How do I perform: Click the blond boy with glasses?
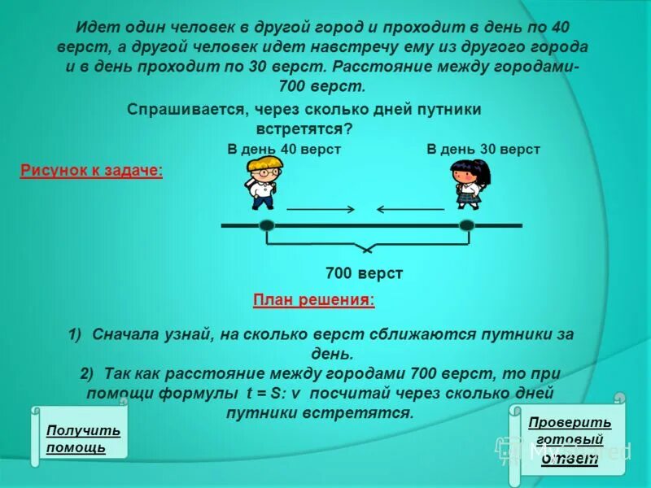264,183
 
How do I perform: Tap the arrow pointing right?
321,210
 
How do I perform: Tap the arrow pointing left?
410,210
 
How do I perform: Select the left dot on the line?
267,225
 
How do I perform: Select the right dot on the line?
466,225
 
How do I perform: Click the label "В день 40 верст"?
284,149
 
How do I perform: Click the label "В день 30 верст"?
483,149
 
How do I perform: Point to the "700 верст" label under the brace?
364,273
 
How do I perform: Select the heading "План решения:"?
314,300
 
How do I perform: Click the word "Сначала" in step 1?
129,334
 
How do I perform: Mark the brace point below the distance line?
368,249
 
